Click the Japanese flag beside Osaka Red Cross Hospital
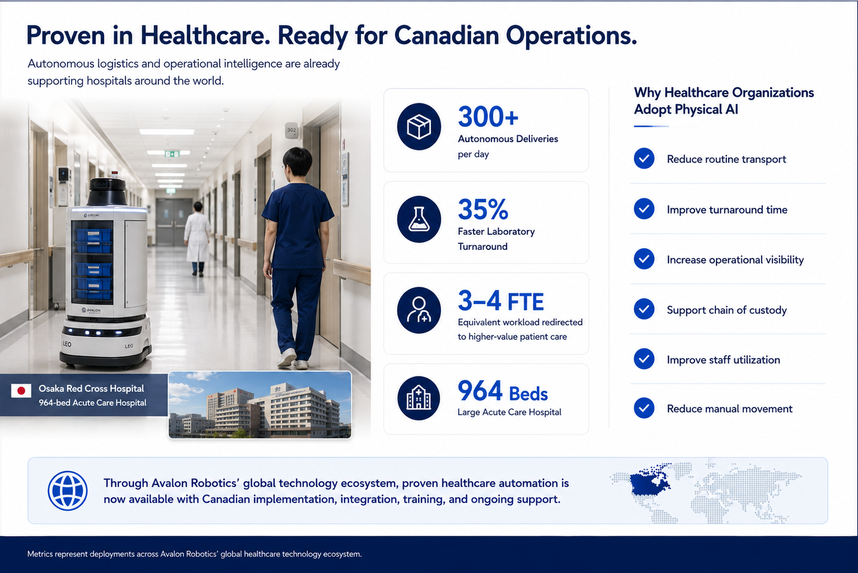[x=21, y=391]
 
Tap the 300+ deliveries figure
[x=488, y=117]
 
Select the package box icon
[x=419, y=126]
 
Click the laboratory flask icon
[x=419, y=219]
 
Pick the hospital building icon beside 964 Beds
[x=419, y=398]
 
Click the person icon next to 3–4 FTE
[x=419, y=310]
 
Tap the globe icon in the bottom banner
[x=68, y=490]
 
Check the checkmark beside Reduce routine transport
[x=644, y=159]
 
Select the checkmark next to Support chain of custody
[x=644, y=309]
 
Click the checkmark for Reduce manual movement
[x=644, y=408]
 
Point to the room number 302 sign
[x=291, y=130]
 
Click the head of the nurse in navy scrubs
[x=297, y=161]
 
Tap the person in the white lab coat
[x=197, y=239]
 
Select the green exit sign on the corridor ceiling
[x=172, y=154]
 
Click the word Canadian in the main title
[x=447, y=36]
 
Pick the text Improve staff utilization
[x=723, y=360]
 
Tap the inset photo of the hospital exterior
[x=260, y=405]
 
